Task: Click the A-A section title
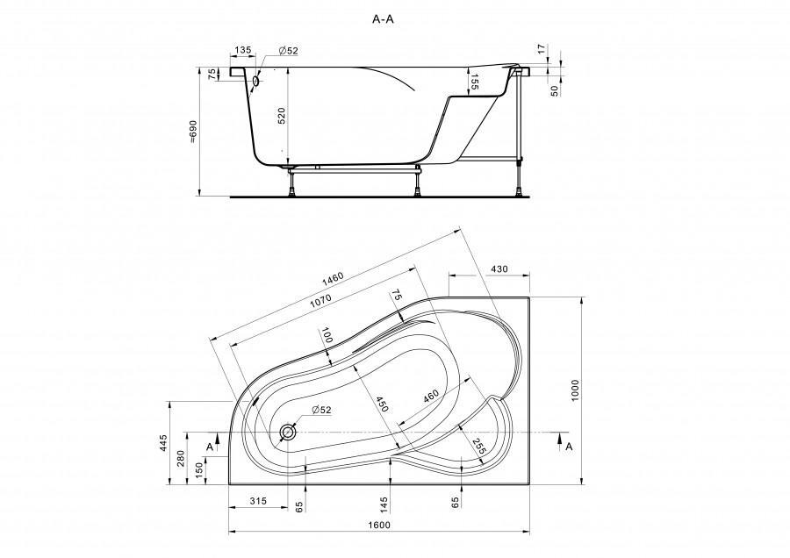point(383,19)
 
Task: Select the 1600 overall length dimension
point(379,525)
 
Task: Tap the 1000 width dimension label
point(576,390)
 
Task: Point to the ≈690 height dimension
point(193,132)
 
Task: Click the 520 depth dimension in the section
point(282,116)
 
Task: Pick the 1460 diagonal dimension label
point(333,277)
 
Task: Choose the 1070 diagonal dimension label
point(320,300)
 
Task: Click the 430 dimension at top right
point(499,269)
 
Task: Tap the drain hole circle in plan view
point(288,432)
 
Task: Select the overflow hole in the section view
point(256,81)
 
